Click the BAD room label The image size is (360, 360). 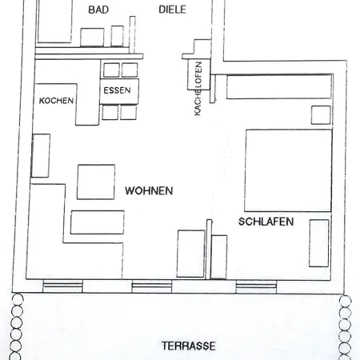(98, 10)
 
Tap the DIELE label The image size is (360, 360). (172, 10)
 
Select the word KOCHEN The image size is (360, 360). (56, 101)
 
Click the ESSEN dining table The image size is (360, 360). (119, 91)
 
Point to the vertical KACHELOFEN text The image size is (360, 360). (198, 89)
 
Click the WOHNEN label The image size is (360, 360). (149, 190)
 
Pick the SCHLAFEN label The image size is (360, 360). (266, 222)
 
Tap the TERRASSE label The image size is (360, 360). (189, 346)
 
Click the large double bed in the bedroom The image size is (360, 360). (288, 170)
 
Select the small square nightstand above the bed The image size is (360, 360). (321, 115)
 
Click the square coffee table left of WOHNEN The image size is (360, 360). (96, 182)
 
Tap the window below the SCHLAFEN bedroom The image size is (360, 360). (256, 286)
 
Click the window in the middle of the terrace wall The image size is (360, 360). (152, 286)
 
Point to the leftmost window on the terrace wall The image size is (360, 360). (62, 286)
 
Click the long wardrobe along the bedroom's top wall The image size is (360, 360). (279, 87)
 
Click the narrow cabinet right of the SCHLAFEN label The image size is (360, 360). (319, 243)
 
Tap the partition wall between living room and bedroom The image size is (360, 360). (209, 250)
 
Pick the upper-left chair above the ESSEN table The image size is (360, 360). (111, 70)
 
